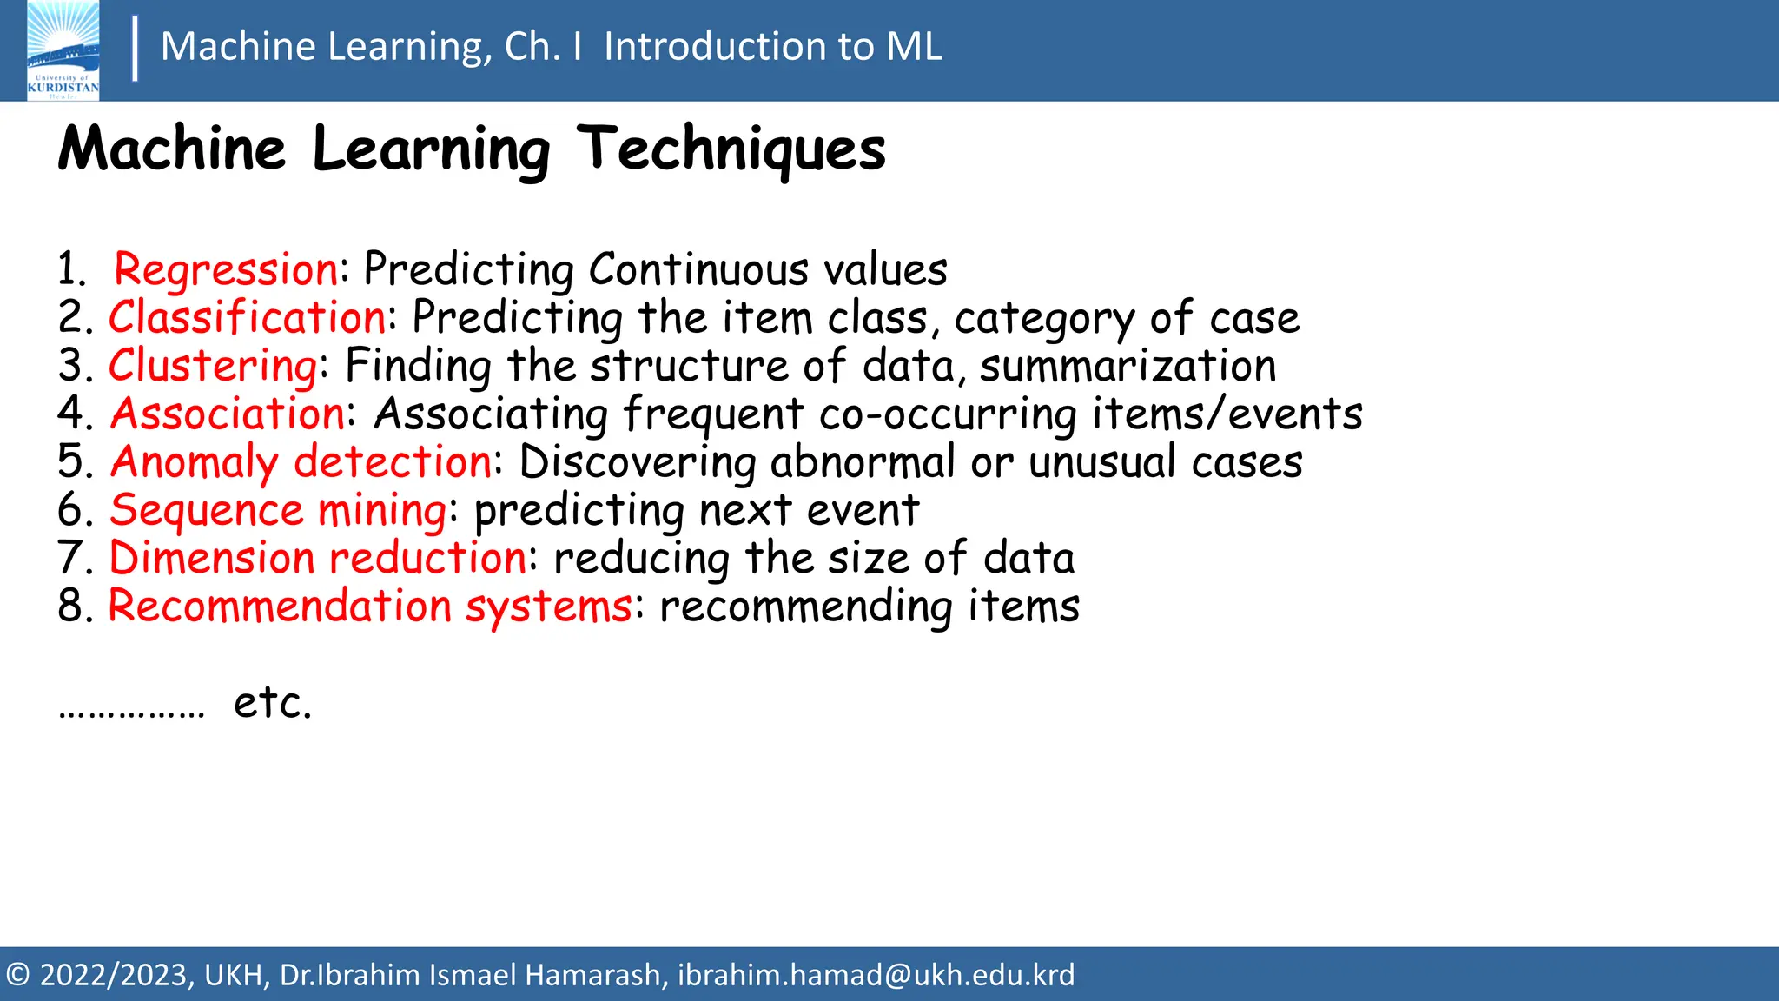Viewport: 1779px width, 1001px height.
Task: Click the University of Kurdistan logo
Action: pos(63,50)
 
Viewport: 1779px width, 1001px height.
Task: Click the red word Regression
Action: pos(226,269)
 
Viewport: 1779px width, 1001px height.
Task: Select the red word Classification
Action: pos(248,317)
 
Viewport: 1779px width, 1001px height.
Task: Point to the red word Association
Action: pos(228,414)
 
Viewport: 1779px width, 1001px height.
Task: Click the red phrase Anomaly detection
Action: pos(301,461)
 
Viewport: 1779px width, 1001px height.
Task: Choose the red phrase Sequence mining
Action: pos(278,510)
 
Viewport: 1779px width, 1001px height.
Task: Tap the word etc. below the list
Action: pos(272,702)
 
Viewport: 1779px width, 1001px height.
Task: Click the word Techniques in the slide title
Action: pos(731,149)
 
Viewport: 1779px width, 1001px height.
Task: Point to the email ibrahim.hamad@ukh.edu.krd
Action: pos(876,975)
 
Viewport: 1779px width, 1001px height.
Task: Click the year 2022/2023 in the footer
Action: pos(115,975)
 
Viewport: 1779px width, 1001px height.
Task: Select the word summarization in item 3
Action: pos(1128,366)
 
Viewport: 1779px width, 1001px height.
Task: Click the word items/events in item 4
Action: pos(1227,414)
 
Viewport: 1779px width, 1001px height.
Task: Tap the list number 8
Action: pos(71,606)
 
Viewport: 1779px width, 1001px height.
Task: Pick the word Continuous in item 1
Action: pos(698,269)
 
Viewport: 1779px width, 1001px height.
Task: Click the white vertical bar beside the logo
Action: pos(135,50)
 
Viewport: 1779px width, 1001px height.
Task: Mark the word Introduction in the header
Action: pos(713,46)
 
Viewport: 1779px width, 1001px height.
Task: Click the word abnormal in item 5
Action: pos(862,461)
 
